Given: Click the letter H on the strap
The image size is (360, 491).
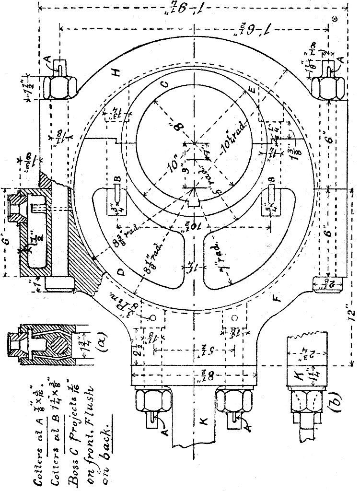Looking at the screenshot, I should [x=116, y=72].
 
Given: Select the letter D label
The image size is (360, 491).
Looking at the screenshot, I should [x=121, y=273].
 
